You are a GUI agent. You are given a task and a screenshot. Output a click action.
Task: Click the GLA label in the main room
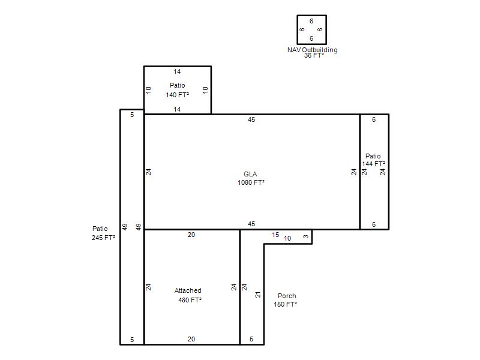click(250, 174)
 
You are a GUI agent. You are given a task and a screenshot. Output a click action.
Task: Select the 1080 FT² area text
click(251, 182)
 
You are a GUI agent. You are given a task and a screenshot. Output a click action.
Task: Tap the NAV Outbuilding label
click(312, 50)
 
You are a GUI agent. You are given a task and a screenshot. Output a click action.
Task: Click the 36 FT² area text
click(314, 55)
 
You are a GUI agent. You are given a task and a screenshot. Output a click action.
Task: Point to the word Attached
click(188, 290)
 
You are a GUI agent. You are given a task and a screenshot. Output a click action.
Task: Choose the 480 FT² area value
click(190, 300)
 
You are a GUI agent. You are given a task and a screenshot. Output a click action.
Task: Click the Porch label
click(287, 296)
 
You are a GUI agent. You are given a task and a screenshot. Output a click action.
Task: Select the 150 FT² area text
click(286, 304)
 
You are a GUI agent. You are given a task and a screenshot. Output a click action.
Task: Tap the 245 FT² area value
click(103, 238)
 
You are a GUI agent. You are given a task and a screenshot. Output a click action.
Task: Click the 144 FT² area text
click(373, 164)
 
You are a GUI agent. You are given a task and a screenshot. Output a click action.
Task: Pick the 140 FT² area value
click(177, 95)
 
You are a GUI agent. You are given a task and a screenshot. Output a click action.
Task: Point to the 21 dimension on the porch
click(258, 295)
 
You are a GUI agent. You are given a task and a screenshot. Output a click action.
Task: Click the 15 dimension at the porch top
click(275, 235)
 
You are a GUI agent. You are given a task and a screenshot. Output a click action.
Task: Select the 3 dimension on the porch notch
click(306, 236)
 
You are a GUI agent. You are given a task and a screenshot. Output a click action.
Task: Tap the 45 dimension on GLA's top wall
click(251, 119)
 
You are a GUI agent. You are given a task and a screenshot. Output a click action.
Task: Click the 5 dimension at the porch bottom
click(251, 339)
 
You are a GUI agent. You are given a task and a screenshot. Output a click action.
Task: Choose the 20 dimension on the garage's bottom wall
click(191, 339)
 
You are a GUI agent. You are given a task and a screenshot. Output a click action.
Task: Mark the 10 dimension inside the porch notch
click(287, 238)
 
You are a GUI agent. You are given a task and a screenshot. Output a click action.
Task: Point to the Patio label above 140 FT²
click(177, 85)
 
